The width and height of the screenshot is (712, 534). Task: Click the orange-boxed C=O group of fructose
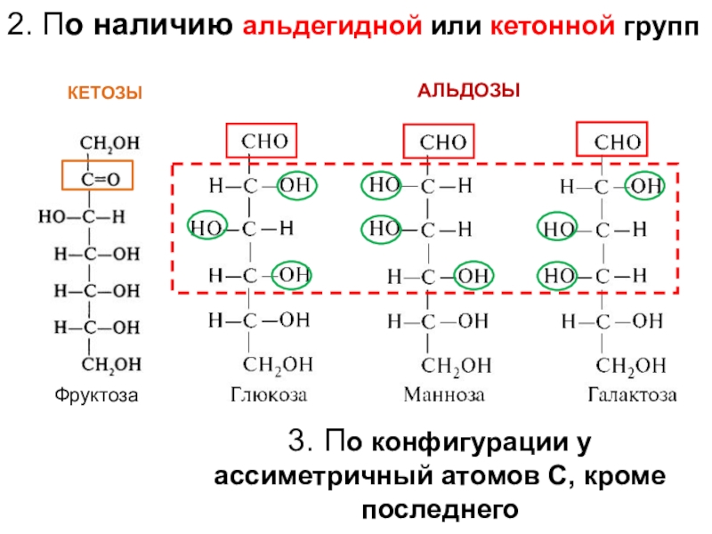tap(96, 176)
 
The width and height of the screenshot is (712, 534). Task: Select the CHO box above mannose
tap(440, 142)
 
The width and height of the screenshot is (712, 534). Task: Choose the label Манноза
tap(440, 393)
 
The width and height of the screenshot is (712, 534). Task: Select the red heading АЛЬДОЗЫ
tap(469, 92)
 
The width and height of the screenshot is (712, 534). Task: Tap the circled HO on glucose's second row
tap(208, 227)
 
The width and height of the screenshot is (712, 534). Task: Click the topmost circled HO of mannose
tap(384, 186)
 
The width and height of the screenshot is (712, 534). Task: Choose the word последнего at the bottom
tap(440, 509)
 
